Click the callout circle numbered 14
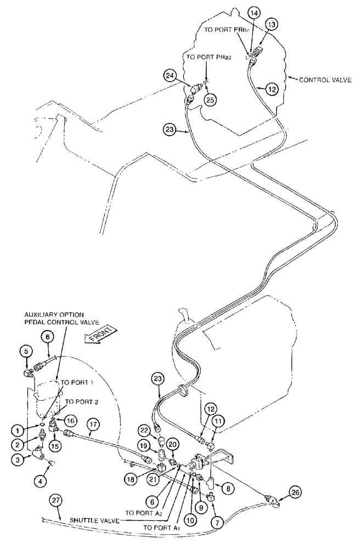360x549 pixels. click(x=254, y=12)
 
